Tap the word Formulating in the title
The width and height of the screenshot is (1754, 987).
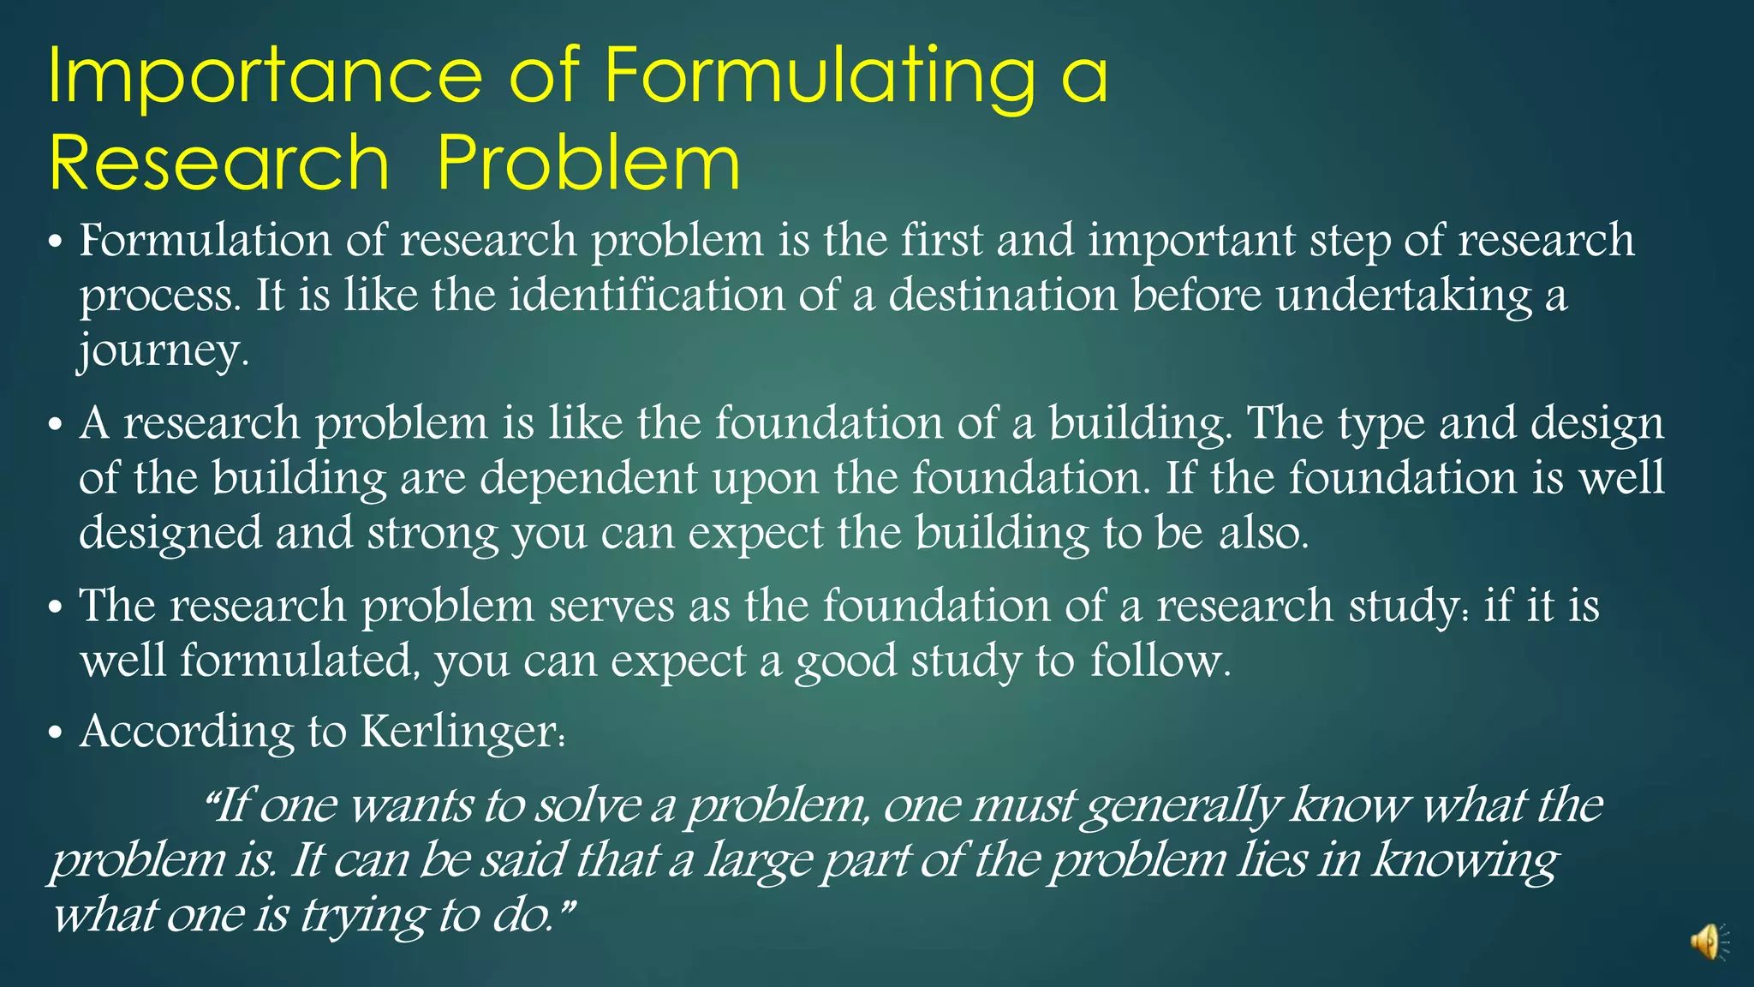pos(818,77)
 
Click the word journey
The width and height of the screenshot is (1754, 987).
pos(163,351)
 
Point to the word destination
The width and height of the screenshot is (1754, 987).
pos(1003,296)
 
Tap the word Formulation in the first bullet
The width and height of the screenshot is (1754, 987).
pos(206,240)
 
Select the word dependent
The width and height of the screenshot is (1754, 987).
pos(588,479)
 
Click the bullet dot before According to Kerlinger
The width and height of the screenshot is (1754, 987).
pos(56,734)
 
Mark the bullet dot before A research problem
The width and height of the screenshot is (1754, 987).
pos(56,425)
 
